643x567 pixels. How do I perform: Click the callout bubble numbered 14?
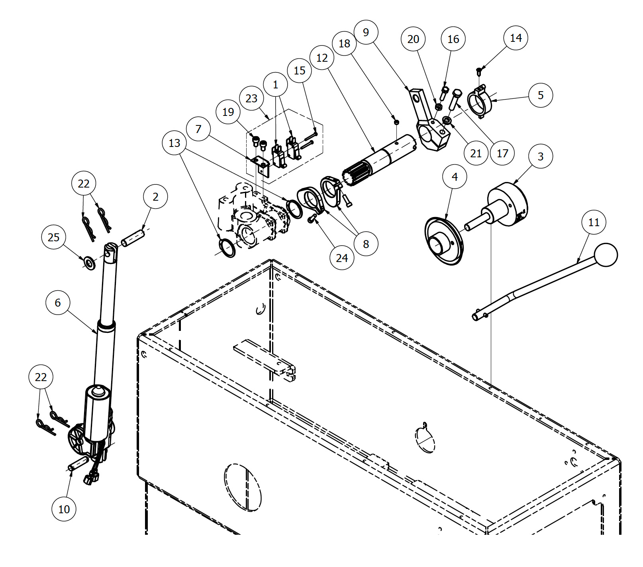click(516, 38)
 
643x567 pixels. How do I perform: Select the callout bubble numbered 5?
click(541, 96)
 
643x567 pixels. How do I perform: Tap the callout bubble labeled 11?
click(594, 222)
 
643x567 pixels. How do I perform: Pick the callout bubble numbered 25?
click(54, 237)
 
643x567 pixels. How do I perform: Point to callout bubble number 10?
click(64, 509)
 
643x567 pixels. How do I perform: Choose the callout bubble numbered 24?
click(342, 258)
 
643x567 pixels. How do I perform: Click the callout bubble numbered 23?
click(251, 98)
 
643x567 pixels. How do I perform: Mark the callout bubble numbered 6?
click(58, 303)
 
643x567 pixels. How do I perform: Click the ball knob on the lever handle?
click(606, 255)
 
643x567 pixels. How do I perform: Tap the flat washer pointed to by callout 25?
click(90, 263)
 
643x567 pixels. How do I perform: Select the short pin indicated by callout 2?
click(133, 238)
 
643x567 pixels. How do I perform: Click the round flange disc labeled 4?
click(444, 241)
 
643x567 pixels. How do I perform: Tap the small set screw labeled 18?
click(396, 122)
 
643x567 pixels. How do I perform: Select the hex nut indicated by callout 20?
click(438, 107)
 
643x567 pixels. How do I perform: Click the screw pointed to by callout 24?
click(313, 218)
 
